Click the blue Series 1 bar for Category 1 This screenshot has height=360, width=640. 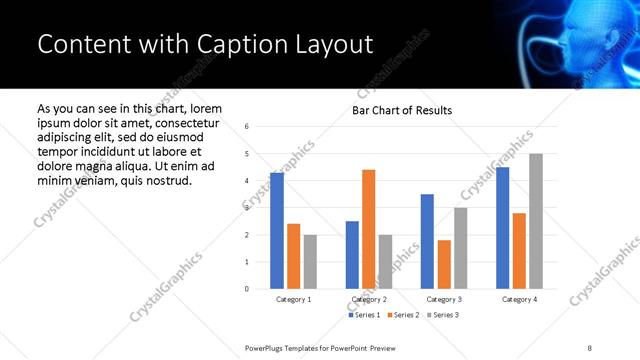point(276,231)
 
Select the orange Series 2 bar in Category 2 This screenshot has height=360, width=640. point(368,229)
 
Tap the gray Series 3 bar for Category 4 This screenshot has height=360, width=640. point(535,221)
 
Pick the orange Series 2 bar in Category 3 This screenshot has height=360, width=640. point(443,264)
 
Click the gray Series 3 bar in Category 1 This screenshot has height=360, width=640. point(310,262)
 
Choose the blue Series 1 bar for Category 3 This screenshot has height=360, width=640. point(427,241)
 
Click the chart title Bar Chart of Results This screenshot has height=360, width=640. point(402,110)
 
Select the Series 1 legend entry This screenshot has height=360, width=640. point(364,315)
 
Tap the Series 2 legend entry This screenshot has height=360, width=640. point(403,315)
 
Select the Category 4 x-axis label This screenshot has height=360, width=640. point(518,299)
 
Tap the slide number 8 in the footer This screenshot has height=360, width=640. point(590,346)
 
